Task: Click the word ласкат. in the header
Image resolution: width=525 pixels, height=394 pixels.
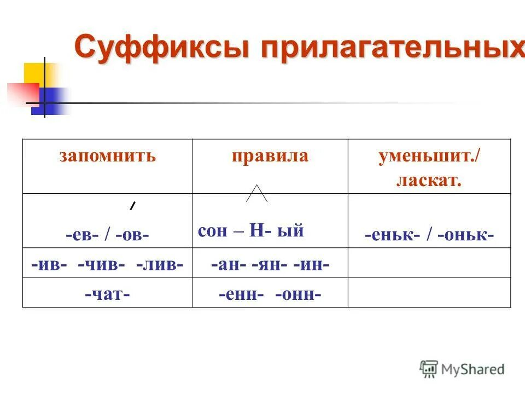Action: [x=429, y=180]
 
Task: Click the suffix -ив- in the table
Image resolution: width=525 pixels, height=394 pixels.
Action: [x=49, y=264]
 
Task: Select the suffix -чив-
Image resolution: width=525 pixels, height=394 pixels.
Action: [x=101, y=264]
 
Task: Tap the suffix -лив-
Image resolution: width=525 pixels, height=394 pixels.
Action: [x=159, y=264]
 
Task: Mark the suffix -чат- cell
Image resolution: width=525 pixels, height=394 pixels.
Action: [x=107, y=294]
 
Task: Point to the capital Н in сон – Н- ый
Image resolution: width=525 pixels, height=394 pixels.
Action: [x=256, y=231]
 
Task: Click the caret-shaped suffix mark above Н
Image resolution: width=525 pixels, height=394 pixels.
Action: [x=256, y=193]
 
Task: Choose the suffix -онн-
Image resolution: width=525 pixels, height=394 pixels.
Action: [x=298, y=294]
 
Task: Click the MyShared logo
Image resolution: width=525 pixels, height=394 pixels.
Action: [x=462, y=369]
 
